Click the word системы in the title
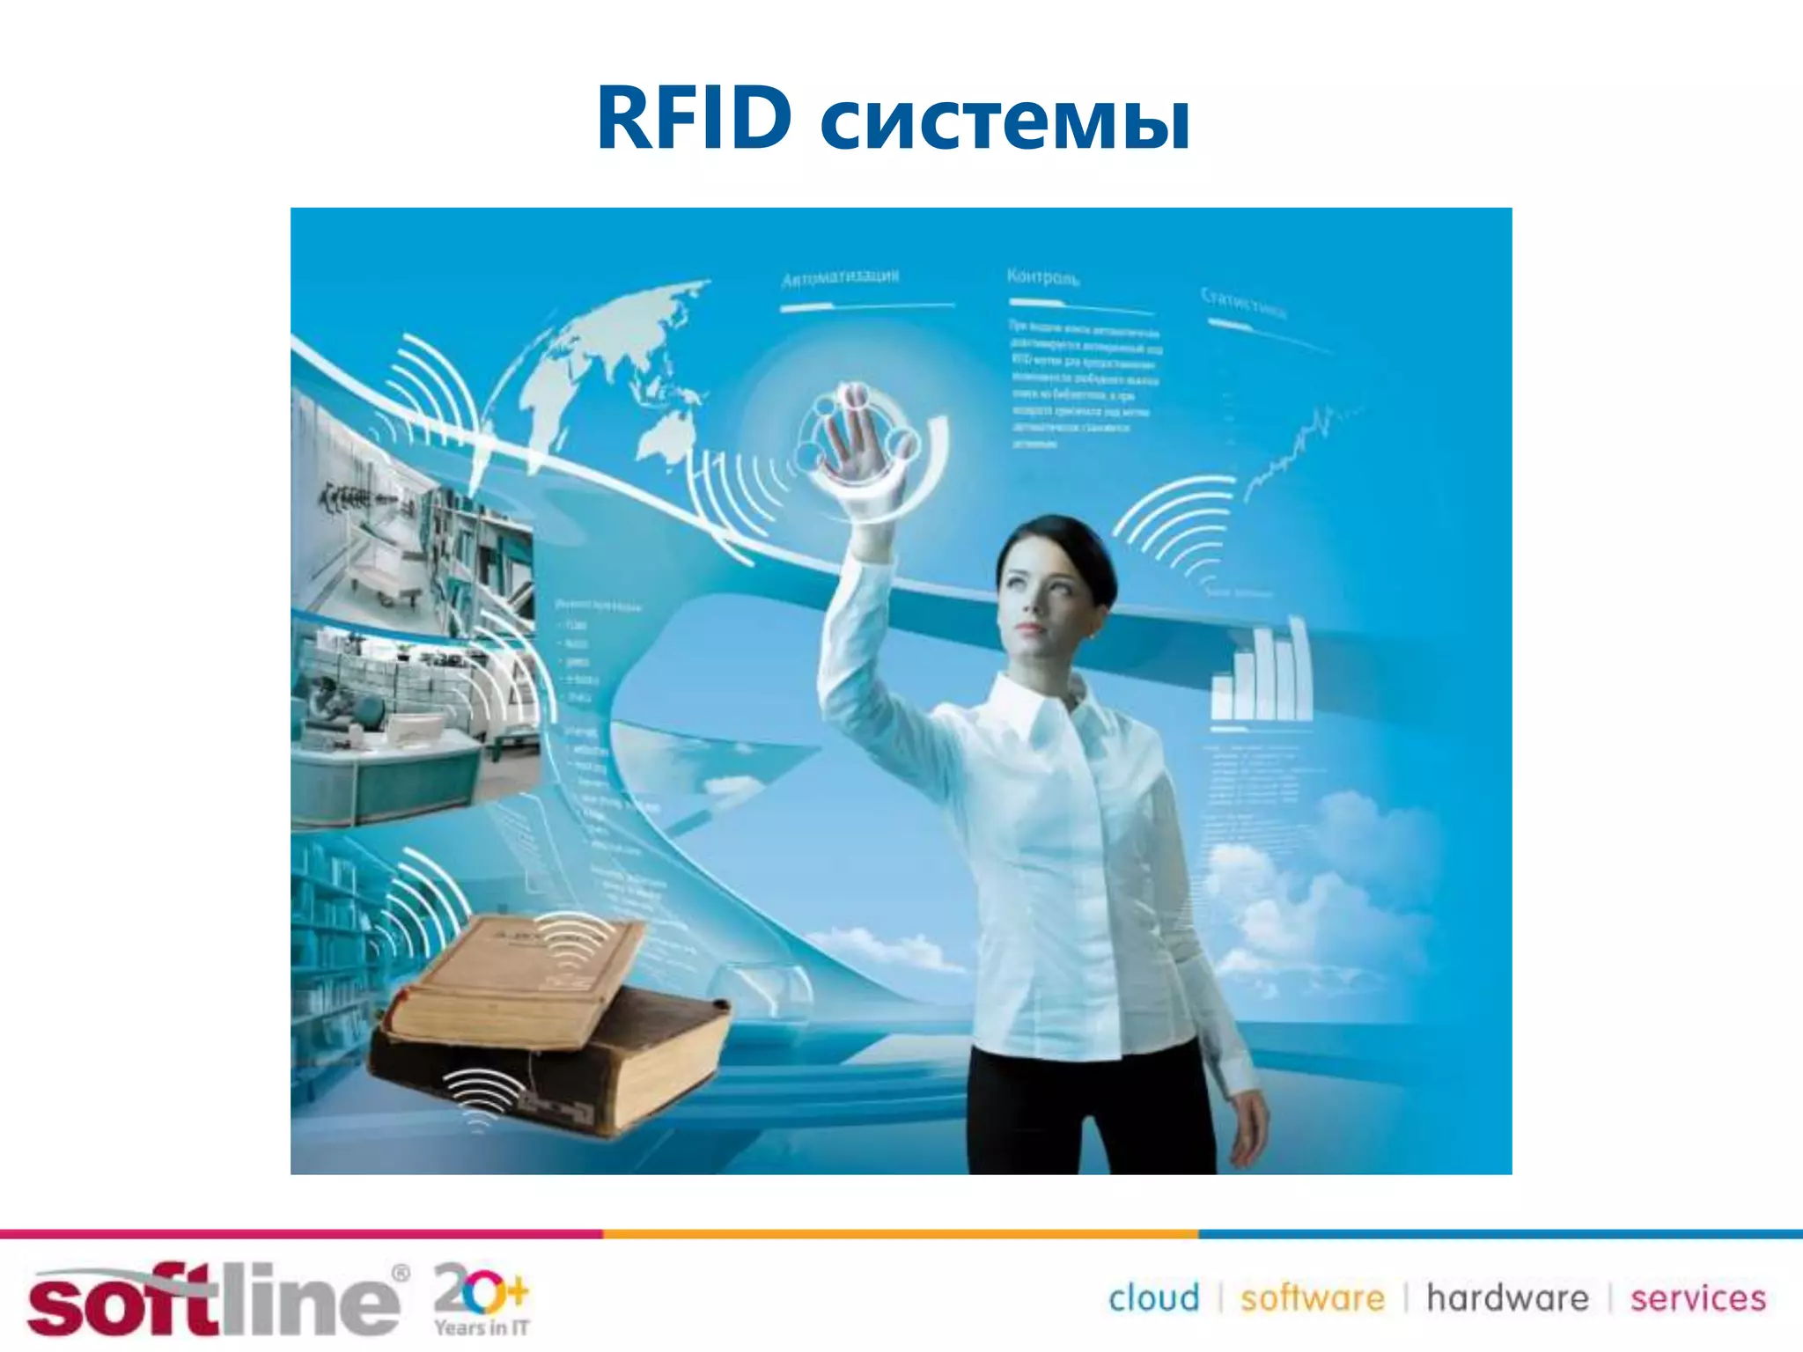pos(1005,123)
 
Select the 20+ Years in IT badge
pos(481,1298)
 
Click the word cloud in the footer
pos(1153,1298)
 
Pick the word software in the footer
pos(1312,1298)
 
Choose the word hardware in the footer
pos(1507,1298)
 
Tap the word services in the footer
pos(1697,1298)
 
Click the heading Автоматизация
pos(840,277)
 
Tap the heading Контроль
pos(1042,277)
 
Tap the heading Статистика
pos(1243,302)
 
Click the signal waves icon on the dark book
pos(481,1096)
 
